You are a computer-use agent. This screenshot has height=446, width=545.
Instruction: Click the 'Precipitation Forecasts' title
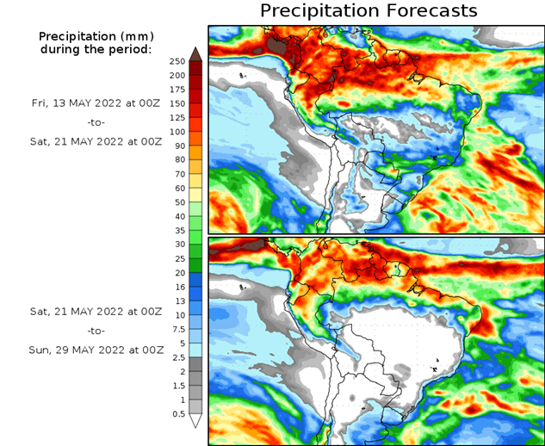tap(368, 11)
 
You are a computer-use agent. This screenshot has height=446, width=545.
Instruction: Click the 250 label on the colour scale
tap(178, 61)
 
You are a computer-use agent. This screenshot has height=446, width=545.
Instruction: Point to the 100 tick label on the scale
tap(178, 132)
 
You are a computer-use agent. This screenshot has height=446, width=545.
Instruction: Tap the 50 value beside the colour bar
tap(178, 202)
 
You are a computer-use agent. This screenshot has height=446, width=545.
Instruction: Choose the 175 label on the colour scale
tap(178, 90)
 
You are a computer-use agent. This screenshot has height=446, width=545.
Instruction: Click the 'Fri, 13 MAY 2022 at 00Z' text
tap(95, 102)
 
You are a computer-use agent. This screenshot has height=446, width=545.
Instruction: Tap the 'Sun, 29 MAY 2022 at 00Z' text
tap(96, 350)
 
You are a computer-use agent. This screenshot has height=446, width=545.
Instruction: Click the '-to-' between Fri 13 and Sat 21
tap(96, 122)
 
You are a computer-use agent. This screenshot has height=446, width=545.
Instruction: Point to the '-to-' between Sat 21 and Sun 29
tap(96, 331)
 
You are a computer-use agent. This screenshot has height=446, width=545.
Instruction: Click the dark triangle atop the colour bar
tap(195, 53)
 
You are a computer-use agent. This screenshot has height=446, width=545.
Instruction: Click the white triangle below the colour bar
tap(195, 421)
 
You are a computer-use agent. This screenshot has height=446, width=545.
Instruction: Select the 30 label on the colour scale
tap(178, 245)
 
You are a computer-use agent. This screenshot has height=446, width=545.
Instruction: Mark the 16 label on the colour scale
tap(178, 287)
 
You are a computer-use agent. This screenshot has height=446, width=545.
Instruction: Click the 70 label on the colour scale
tap(178, 174)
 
